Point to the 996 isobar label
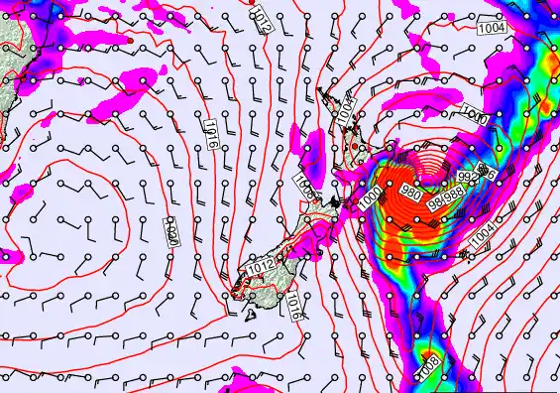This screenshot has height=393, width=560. click(x=486, y=172)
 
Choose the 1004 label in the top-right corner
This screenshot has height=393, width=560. click(x=493, y=28)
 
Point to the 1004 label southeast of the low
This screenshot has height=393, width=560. click(x=484, y=234)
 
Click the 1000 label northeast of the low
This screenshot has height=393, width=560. click(x=475, y=116)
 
